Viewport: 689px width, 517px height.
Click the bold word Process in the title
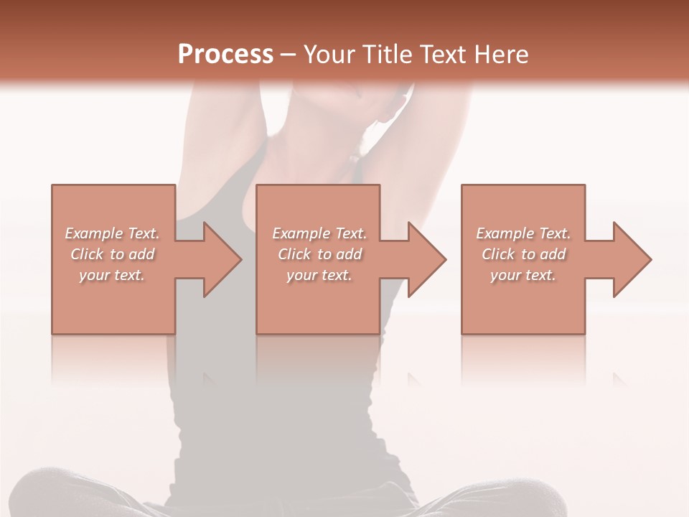pos(225,55)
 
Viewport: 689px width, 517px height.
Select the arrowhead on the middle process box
pos(426,259)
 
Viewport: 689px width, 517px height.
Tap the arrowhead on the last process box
pos(632,259)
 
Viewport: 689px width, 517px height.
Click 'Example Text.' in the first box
pos(112,233)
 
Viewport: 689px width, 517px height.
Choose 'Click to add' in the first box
pos(112,254)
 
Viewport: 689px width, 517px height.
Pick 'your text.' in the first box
pos(112,275)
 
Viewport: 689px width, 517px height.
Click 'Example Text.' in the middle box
pos(319,233)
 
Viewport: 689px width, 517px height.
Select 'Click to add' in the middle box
pos(319,254)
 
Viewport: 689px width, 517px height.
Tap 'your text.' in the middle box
pos(319,275)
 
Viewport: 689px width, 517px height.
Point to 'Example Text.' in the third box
pos(523,233)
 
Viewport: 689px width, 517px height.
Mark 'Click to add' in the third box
pos(523,254)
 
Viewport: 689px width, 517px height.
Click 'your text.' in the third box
pos(523,275)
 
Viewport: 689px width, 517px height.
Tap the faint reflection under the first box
pos(113,359)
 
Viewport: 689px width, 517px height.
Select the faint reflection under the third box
pos(523,359)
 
